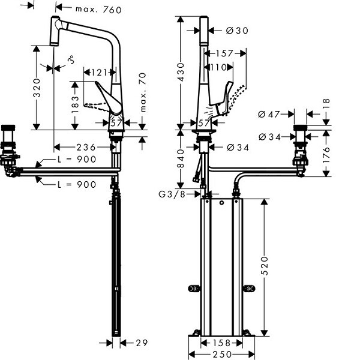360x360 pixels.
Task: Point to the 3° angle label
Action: [71, 61]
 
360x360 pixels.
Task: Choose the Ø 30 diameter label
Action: [238, 30]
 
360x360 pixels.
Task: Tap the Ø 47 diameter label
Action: [270, 113]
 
